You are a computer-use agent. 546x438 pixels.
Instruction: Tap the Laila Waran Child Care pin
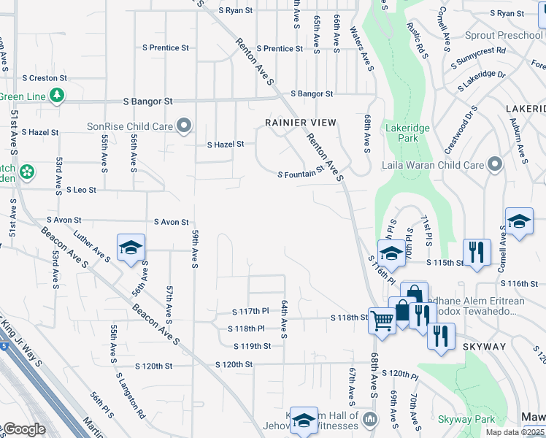tap(496, 165)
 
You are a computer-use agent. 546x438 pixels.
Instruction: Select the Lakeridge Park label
tap(401, 132)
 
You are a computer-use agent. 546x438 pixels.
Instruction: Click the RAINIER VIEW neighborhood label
tap(301, 123)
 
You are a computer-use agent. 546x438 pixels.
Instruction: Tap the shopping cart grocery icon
tap(382, 319)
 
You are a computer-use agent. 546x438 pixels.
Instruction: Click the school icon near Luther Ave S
tap(131, 247)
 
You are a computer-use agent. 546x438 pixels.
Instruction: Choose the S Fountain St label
tap(301, 173)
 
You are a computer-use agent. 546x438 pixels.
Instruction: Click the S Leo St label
tap(81, 190)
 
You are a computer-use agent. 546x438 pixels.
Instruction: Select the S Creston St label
tap(45, 77)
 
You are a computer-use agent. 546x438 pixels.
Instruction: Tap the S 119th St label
tap(253, 346)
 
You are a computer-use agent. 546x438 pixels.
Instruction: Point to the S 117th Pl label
tap(250, 312)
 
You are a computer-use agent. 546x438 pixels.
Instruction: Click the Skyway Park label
tap(466, 419)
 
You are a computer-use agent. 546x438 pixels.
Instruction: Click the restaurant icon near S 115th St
tap(477, 253)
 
